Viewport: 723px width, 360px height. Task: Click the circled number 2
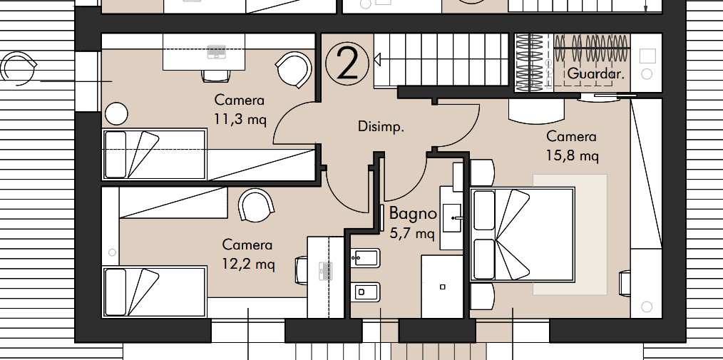click(x=347, y=65)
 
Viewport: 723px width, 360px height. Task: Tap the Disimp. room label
click(x=381, y=127)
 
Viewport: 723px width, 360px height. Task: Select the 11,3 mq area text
click(x=240, y=120)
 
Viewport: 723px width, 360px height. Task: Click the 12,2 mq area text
click(x=248, y=264)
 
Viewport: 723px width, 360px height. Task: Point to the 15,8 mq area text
click(x=573, y=156)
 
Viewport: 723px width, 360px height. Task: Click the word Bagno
click(x=413, y=213)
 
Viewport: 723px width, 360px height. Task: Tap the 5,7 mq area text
click(x=411, y=233)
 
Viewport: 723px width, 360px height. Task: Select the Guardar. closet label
click(x=596, y=73)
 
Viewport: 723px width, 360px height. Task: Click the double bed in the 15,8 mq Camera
click(x=522, y=234)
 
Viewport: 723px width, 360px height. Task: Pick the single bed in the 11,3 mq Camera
click(x=154, y=154)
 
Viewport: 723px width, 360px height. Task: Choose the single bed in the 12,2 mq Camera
click(x=154, y=292)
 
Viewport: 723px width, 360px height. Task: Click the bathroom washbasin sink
click(x=452, y=217)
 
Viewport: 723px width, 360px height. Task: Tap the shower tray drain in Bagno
click(x=443, y=287)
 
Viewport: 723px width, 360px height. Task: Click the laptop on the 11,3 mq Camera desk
click(x=216, y=51)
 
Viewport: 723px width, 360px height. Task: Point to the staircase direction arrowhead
click(x=377, y=59)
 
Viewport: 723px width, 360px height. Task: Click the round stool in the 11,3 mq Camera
click(x=116, y=114)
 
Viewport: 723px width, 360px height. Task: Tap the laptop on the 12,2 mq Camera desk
click(x=326, y=271)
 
